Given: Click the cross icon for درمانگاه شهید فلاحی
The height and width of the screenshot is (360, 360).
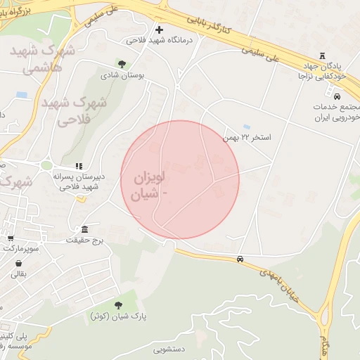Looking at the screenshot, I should point(159,30).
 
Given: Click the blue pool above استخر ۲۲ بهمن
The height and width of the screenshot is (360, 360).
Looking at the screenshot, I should point(245,127).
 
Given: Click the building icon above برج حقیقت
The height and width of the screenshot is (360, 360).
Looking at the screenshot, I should point(85,229).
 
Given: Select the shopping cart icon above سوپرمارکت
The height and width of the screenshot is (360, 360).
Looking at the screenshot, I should point(11,238).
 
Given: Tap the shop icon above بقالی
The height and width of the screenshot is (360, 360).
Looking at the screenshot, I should point(18,264).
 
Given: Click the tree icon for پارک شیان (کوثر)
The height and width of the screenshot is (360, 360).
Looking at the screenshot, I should point(117,304).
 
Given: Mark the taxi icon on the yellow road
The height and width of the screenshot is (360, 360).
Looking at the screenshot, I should point(240,259).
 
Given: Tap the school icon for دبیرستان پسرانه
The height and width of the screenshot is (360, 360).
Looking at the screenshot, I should point(78,165).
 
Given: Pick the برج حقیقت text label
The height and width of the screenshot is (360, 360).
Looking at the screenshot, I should point(85,240).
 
